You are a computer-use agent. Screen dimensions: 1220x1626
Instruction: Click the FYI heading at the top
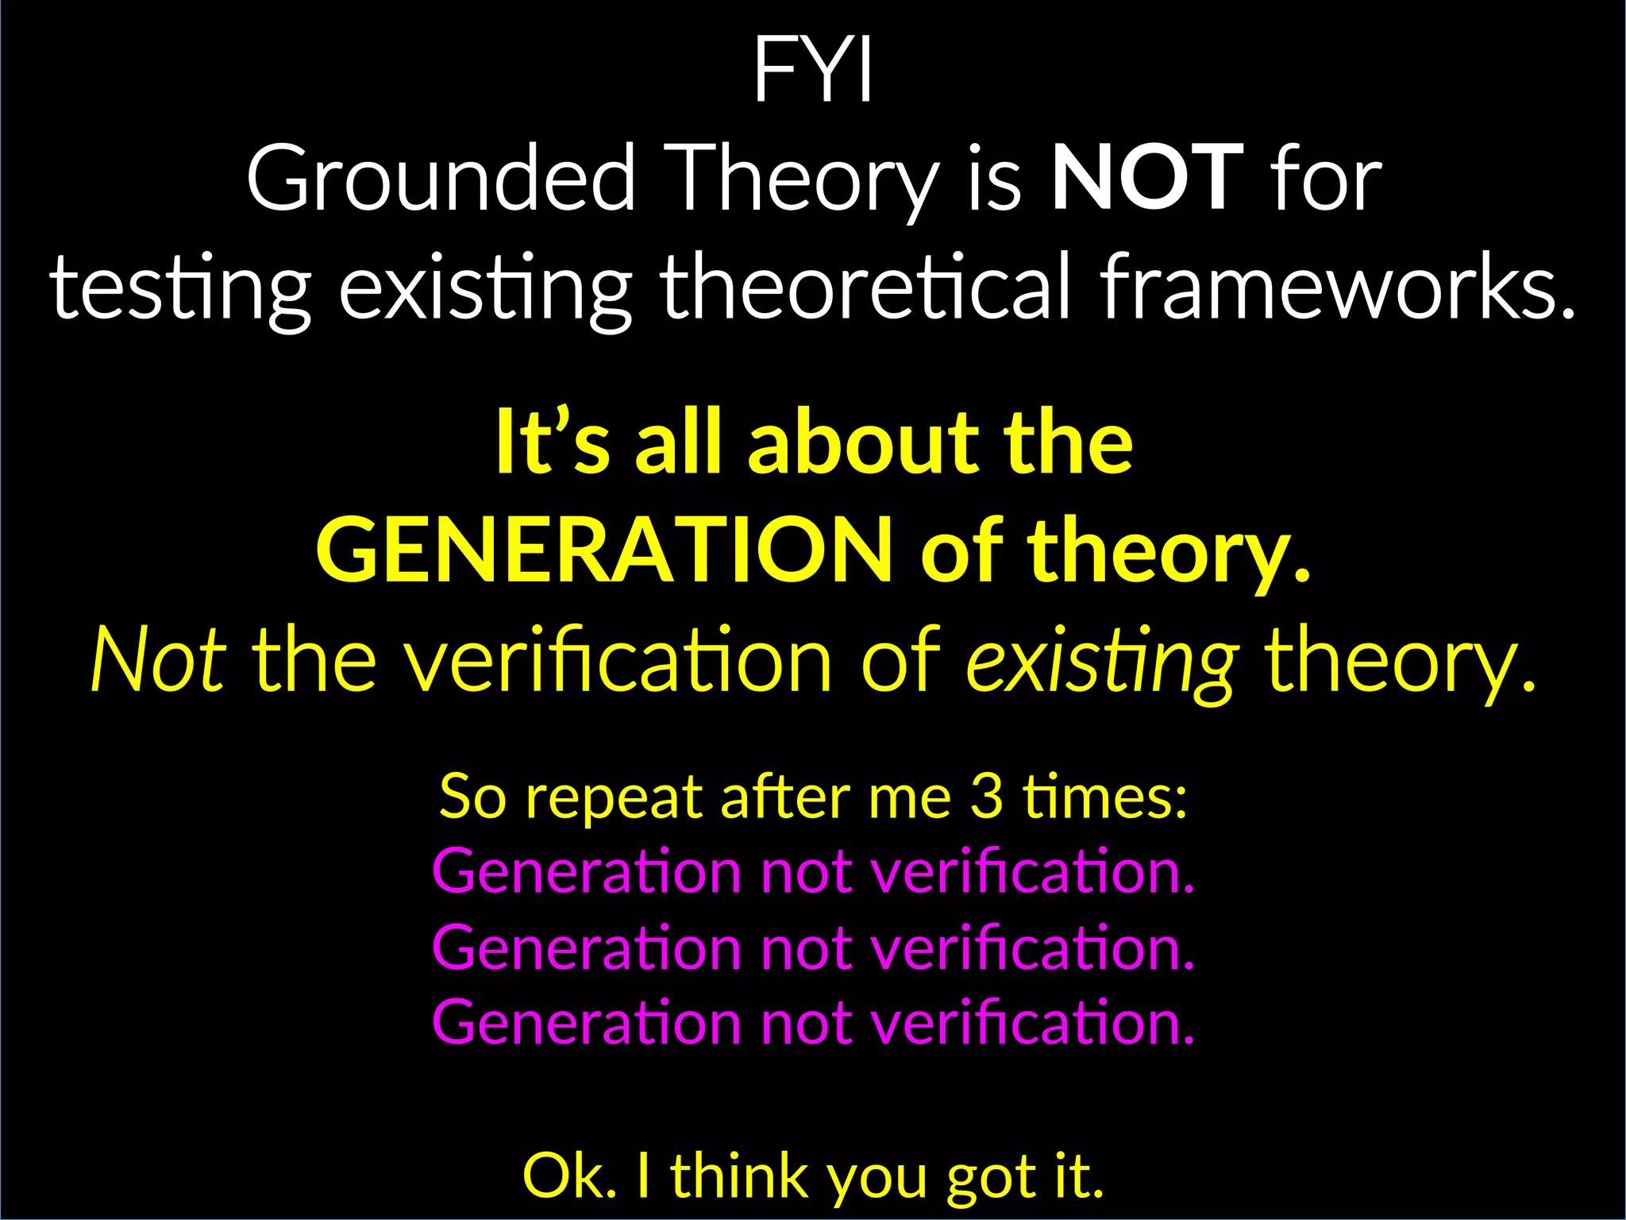pyautogui.click(x=813, y=70)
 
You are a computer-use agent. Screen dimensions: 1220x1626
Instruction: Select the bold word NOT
pyautogui.click(x=1147, y=178)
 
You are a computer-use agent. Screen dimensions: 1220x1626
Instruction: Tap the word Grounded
pyautogui.click(x=441, y=178)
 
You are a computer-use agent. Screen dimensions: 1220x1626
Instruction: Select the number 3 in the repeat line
pyautogui.click(x=986, y=796)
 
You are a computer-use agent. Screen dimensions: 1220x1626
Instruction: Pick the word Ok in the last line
pyautogui.click(x=568, y=1176)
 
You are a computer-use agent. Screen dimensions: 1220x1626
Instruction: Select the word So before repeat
pyautogui.click(x=472, y=796)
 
